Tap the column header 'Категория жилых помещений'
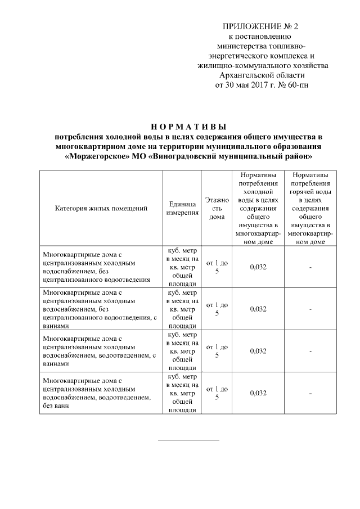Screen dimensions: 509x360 [101, 208]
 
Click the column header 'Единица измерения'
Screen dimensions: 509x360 [182, 208]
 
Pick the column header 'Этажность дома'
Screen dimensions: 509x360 [217, 208]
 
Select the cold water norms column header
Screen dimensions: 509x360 [258, 208]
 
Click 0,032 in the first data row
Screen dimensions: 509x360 [258, 267]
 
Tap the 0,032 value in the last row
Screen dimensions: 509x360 [258, 393]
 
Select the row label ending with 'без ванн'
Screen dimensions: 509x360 [97, 393]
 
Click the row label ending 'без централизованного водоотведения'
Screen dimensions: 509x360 [97, 267]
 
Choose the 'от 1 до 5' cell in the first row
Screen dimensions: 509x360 [217, 267]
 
